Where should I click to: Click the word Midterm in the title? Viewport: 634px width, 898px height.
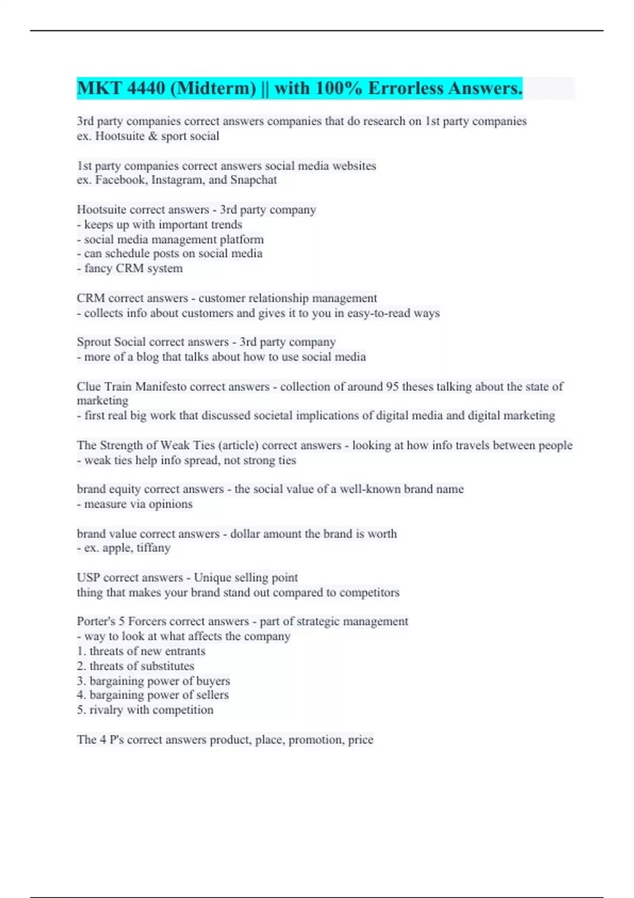pyautogui.click(x=213, y=88)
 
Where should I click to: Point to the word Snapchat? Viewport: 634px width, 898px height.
pyautogui.click(x=254, y=180)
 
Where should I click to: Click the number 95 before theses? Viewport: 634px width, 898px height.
pyautogui.click(x=392, y=387)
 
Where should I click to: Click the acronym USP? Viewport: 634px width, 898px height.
pyautogui.click(x=88, y=578)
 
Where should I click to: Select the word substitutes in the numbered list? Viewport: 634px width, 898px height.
pyautogui.click(x=167, y=666)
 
